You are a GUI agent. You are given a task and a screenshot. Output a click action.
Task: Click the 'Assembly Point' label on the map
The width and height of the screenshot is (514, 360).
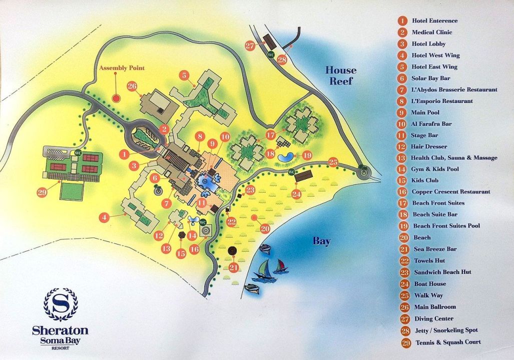[122, 68]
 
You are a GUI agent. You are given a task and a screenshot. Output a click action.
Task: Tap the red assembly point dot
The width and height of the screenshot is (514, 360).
[116, 98]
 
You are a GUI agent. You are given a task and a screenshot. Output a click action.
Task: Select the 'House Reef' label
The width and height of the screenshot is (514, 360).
[341, 75]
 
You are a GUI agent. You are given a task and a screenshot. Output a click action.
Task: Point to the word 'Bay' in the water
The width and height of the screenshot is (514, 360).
[322, 241]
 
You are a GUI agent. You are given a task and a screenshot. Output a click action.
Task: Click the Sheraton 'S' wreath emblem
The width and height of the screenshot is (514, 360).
[61, 304]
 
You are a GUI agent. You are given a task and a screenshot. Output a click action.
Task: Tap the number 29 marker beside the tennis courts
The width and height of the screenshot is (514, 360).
[43, 191]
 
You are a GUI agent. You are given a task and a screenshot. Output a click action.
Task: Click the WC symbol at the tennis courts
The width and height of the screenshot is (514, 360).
[78, 152]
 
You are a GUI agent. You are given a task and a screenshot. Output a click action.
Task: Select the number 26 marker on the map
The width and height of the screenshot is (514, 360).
[132, 86]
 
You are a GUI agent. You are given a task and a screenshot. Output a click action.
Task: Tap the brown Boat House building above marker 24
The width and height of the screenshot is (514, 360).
[303, 176]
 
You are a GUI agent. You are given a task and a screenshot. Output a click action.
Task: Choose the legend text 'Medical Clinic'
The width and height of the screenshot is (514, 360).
[432, 32]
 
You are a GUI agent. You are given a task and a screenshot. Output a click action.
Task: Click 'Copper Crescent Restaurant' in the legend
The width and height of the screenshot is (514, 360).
[450, 191]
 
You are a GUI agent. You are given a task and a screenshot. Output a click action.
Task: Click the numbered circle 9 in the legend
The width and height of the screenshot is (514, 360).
[402, 112]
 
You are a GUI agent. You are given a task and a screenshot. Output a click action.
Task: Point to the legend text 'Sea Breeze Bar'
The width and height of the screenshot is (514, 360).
[435, 249]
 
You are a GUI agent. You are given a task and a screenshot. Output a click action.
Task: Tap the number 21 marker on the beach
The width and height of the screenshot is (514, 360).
[233, 267]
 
